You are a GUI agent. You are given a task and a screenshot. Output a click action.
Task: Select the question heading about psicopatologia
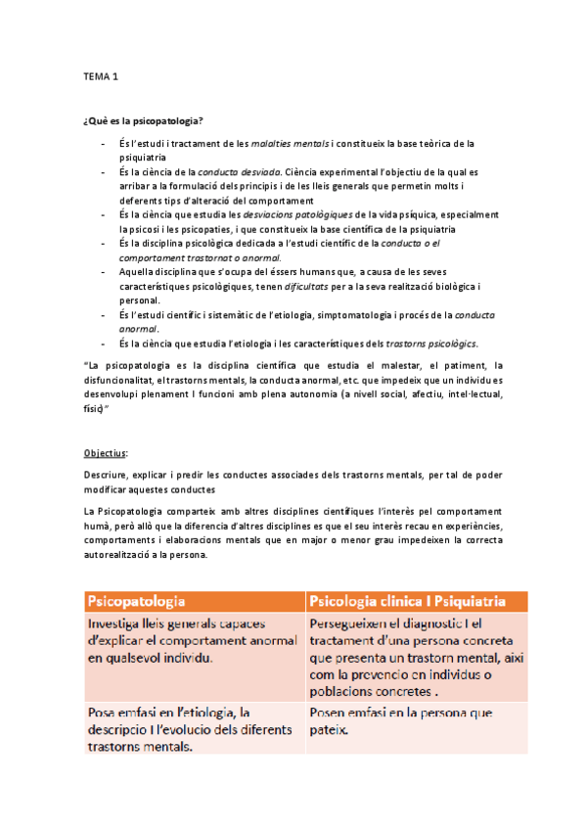tap(143, 120)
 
